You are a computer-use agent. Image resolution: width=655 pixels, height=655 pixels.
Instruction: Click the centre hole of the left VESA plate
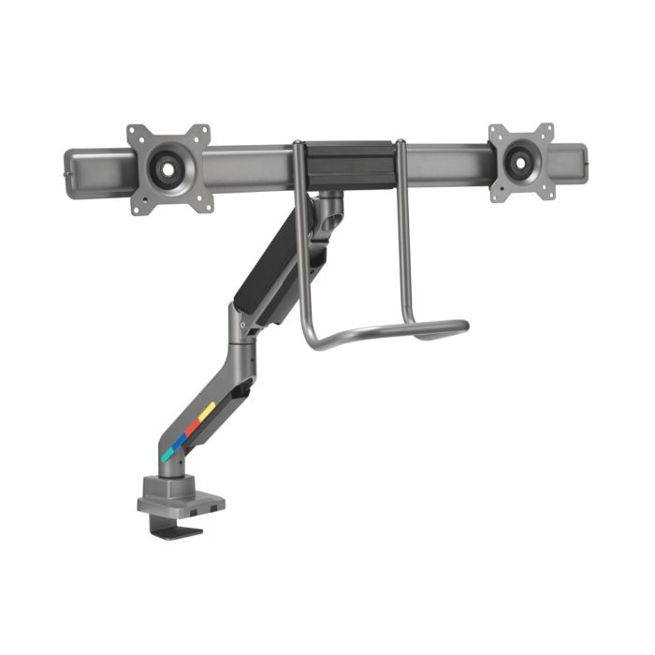pos(168,169)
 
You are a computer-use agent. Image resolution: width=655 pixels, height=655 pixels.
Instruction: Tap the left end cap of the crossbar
pos(67,170)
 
